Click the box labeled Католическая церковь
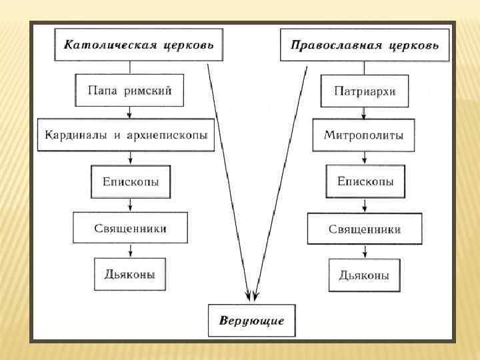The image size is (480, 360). coord(139,45)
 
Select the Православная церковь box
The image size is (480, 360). coord(365,46)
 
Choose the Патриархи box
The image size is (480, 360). coord(364,91)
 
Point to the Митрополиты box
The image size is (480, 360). coord(364,135)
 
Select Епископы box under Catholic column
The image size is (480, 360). coord(130,181)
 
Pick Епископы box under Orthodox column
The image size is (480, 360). coord(365,181)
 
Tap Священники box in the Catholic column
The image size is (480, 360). coord(130,228)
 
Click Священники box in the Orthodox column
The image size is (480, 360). coord(364,229)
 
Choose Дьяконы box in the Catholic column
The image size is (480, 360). coord(130,273)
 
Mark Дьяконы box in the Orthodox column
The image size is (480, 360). coord(364,275)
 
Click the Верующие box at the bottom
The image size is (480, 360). coord(251,321)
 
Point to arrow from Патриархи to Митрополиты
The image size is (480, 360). coord(364,113)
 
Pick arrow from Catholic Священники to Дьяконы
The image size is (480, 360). coord(131,250)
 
